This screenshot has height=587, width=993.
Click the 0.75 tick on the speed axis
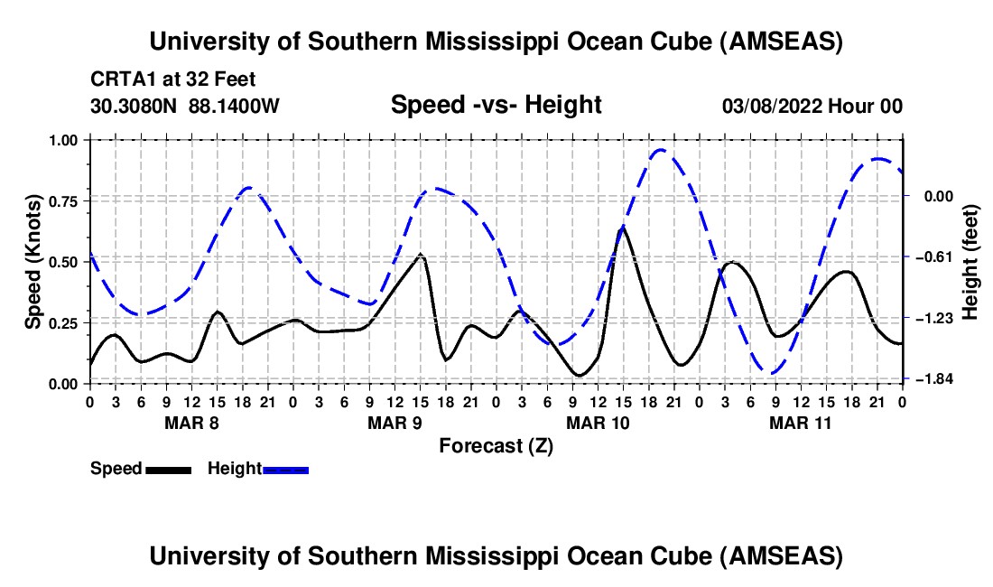click(65, 200)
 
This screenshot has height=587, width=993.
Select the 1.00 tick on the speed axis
click(65, 140)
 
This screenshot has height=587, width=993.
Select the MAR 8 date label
click(190, 422)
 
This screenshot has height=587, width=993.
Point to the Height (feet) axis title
click(970, 262)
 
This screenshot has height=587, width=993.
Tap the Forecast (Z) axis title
click(496, 445)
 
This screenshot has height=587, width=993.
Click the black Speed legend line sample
click(167, 469)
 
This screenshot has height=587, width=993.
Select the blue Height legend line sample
click(285, 469)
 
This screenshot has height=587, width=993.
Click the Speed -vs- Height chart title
click(496, 105)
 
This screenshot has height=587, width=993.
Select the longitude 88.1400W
click(235, 107)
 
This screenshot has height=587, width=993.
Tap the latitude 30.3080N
click(135, 107)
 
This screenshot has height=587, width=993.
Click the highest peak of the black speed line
click(622, 228)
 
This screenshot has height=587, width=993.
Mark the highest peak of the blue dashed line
click(660, 150)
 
